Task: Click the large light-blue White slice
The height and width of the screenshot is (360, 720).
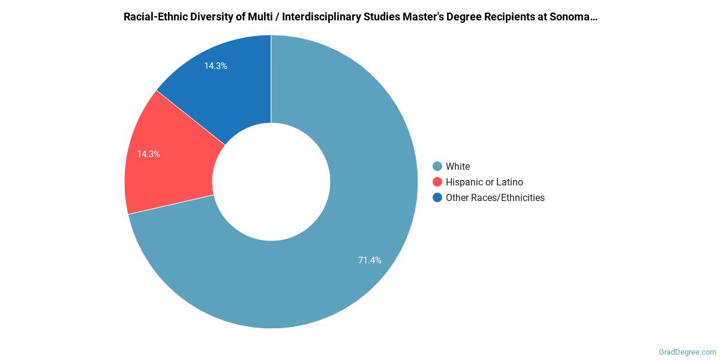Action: [x=360, y=240]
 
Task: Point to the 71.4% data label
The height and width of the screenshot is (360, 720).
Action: [x=370, y=260]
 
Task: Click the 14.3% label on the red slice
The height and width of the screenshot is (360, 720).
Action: [x=148, y=154]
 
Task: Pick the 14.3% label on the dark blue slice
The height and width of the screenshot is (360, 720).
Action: [x=215, y=66]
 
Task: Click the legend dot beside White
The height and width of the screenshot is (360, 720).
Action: [x=437, y=166]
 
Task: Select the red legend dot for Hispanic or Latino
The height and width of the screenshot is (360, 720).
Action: [x=437, y=182]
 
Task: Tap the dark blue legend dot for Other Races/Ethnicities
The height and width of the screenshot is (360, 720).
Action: [x=437, y=197]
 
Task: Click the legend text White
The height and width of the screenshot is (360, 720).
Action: [x=458, y=166]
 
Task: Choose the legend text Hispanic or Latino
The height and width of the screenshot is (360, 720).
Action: [x=484, y=182]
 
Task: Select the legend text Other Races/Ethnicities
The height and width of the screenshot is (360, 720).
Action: [x=495, y=197]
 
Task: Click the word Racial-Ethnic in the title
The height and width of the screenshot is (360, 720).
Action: [x=154, y=17]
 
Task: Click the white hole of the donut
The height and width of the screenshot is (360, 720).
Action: [x=271, y=181]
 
